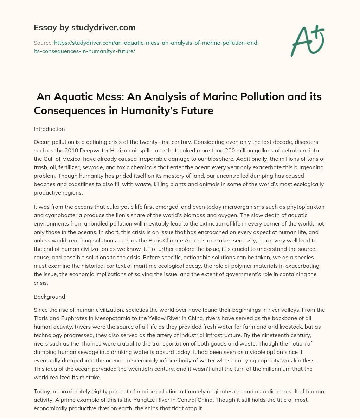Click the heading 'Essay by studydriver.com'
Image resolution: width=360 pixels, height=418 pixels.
point(84,27)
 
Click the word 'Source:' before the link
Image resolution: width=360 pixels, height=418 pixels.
point(43,43)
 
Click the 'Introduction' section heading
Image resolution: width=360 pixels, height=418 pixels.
point(49,129)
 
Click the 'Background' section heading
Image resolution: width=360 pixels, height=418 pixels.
point(49,297)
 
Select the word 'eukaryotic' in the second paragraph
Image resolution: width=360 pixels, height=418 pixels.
point(105,207)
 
